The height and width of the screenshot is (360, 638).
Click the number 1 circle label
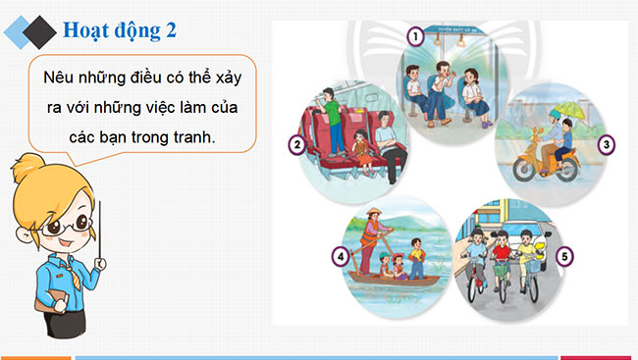tap(416, 37)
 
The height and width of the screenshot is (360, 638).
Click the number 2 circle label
tap(295, 147)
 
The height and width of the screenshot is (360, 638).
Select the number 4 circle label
tap(340, 260)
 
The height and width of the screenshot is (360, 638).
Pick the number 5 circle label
tap(564, 260)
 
